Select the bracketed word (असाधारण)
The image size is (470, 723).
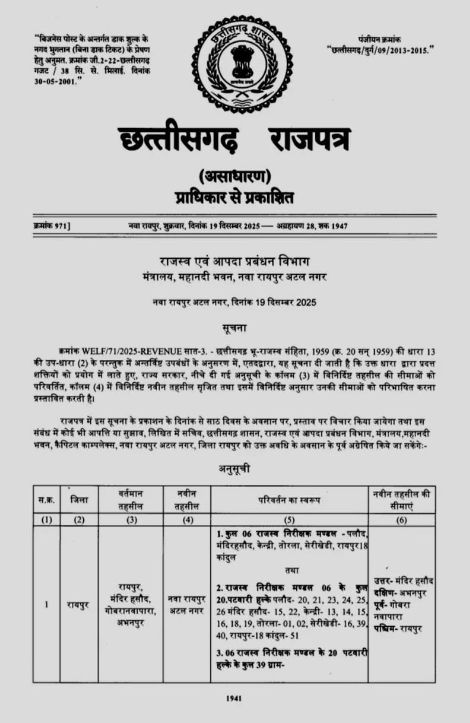[234, 176]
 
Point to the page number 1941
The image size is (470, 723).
[234, 699]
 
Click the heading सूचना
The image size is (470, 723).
[234, 327]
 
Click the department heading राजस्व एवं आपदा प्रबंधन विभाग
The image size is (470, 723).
[234, 262]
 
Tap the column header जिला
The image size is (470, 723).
[79, 500]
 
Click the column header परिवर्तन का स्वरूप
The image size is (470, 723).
[289, 500]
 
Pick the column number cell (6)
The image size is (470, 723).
[401, 520]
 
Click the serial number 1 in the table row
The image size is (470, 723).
[46, 605]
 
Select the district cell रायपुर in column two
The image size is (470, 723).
[79, 605]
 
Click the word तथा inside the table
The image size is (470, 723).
[291, 570]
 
